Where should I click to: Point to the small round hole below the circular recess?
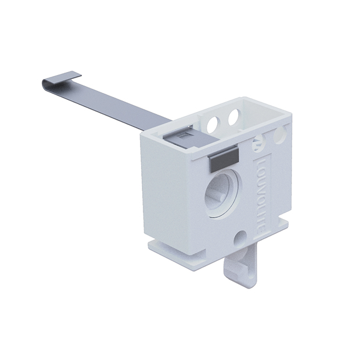239,237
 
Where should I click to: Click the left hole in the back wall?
213,123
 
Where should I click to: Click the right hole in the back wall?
235,117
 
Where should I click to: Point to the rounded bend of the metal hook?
46,85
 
